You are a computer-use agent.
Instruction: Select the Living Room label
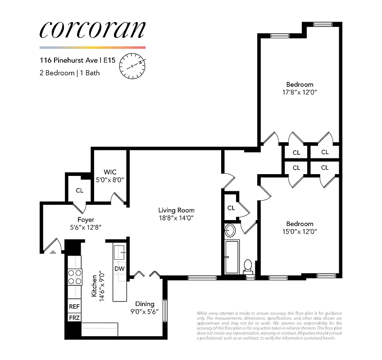pos(176,210)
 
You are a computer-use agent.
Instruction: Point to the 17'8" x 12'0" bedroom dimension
pos(300,92)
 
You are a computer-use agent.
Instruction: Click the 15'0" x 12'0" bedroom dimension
pos(300,232)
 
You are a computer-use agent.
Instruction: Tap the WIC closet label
pos(110,172)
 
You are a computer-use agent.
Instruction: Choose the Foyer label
pos(86,220)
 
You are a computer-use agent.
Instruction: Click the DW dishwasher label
pos(119,269)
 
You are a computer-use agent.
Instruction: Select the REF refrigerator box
pos(74,306)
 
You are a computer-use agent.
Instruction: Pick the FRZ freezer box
pos(74,318)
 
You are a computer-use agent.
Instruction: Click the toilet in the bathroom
pos(247,266)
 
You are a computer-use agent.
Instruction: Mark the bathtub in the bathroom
pos(232,257)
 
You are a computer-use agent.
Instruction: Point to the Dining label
pos(145,304)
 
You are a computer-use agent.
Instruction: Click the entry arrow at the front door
pos(53,252)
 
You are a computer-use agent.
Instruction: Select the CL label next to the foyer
pos(79,190)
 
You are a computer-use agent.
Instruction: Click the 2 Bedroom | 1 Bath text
pos(70,72)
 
